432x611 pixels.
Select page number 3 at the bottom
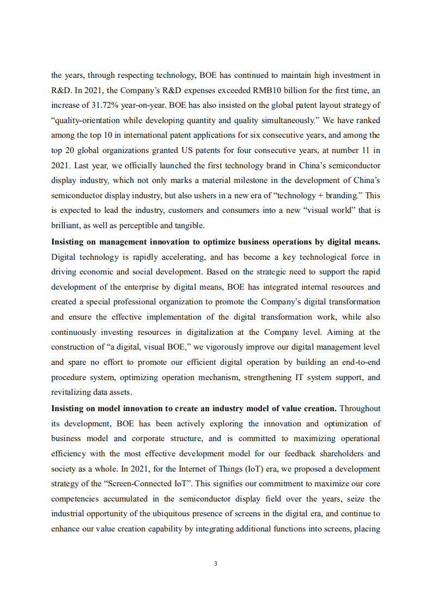point(216,564)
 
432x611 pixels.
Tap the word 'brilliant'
point(66,225)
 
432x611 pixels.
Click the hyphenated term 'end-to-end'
point(358,362)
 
